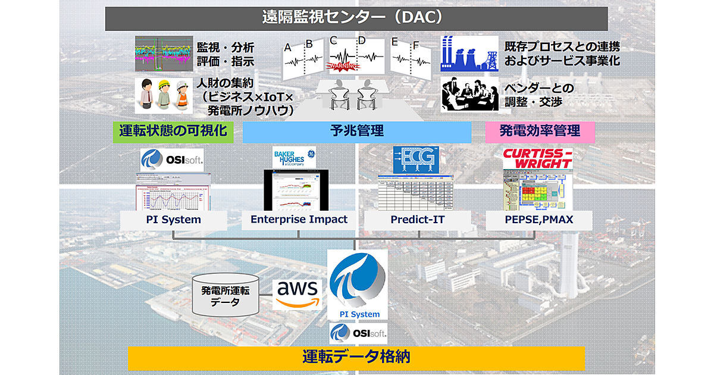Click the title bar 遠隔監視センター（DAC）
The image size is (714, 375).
tap(356, 18)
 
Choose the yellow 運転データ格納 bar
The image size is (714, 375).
tap(356, 357)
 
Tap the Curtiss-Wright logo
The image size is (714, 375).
tap(537, 159)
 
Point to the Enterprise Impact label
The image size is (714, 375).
tap(299, 219)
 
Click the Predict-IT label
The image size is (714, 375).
tap(417, 219)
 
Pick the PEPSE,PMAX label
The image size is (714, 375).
tap(539, 219)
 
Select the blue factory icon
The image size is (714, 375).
tap(469, 54)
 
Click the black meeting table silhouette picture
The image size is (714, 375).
tap(469, 95)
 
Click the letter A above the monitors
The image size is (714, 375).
tap(288, 47)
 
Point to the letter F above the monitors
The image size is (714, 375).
tap(416, 45)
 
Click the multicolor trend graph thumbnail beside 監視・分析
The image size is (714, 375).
tap(162, 54)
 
